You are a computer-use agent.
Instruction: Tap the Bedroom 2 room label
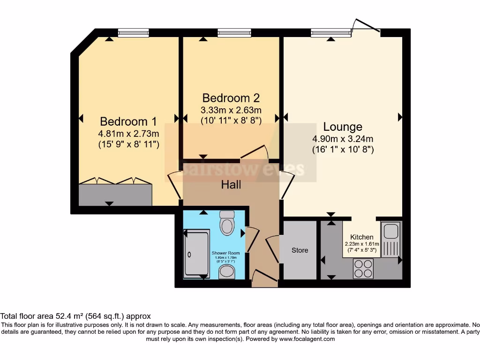[x=231, y=98]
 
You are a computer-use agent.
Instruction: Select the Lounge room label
[x=343, y=127]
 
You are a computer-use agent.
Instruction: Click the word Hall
[x=231, y=185]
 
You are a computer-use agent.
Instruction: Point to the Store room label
[x=300, y=250]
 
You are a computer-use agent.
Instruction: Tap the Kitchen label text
[x=362, y=237]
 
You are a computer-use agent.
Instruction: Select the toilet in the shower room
[x=227, y=223]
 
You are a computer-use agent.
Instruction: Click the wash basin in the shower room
[x=227, y=271]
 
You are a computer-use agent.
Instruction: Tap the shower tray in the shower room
[x=196, y=254]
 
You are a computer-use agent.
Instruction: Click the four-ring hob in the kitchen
[x=363, y=269]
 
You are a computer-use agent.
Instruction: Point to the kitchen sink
[x=390, y=240]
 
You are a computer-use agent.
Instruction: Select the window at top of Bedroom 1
[x=133, y=32]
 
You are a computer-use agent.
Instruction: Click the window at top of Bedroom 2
[x=231, y=32]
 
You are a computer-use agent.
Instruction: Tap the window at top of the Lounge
[x=331, y=32]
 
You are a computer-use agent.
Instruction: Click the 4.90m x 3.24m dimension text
[x=343, y=139]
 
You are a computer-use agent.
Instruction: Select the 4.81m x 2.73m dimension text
[x=128, y=134]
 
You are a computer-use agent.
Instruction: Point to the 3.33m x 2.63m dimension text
[x=231, y=110]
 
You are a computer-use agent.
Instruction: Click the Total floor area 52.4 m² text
[x=75, y=316]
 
